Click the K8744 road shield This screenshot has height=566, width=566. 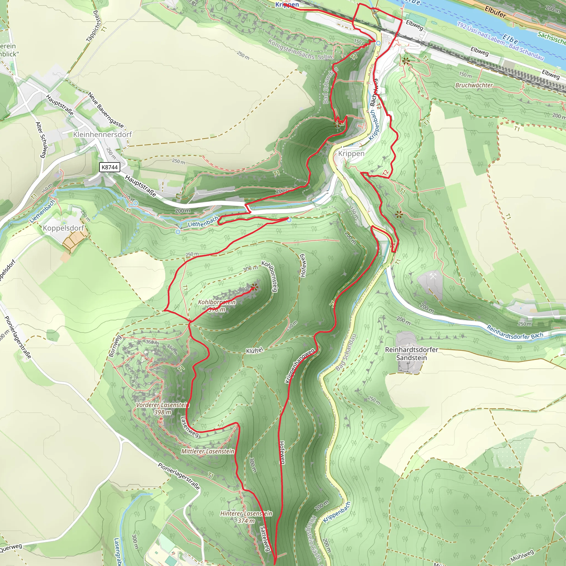click(109, 167)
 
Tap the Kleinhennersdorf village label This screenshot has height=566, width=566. click(103, 135)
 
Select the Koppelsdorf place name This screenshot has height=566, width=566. click(63, 228)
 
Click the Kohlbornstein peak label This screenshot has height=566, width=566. click(217, 302)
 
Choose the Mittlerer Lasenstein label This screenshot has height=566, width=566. click(208, 451)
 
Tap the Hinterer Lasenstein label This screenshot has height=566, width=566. click(246, 513)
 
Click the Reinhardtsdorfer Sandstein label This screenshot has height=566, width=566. click(412, 353)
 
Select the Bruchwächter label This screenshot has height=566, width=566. click(474, 85)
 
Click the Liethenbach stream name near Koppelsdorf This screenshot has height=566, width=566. click(43, 211)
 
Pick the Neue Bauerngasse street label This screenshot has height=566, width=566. click(106, 110)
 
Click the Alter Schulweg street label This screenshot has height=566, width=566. click(41, 140)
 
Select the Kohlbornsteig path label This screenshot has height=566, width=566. click(269, 276)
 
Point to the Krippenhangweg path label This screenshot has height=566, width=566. click(300, 365)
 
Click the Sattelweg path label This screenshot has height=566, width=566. click(264, 538)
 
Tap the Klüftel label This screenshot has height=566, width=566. click(255, 350)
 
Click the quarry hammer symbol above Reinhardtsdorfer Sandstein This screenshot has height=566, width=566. click(433, 276)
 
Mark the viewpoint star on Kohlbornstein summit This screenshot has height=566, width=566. click(254, 287)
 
